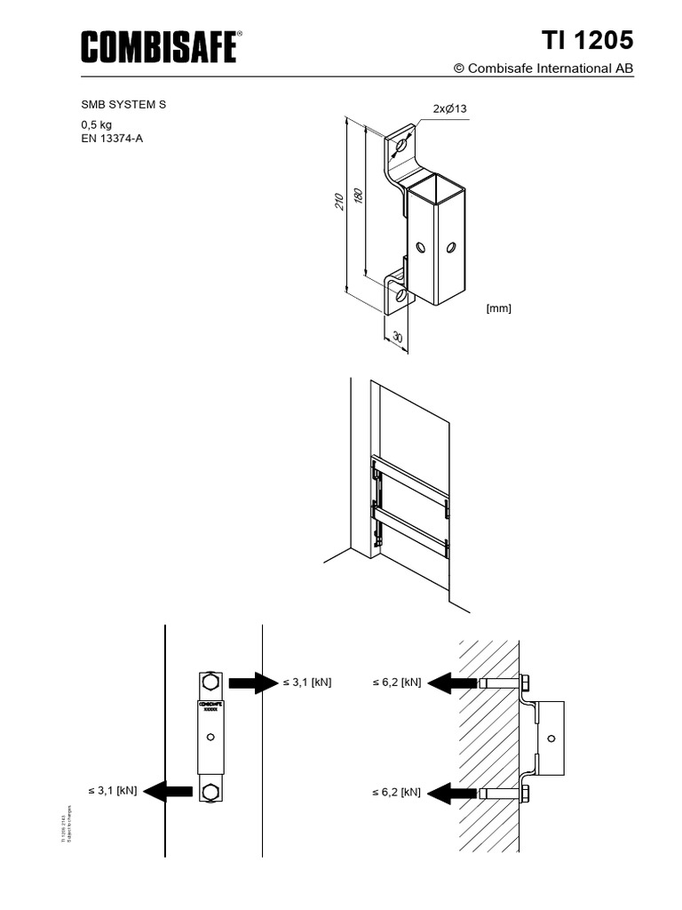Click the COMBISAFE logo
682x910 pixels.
tap(161, 46)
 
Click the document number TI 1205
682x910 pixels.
tap(588, 41)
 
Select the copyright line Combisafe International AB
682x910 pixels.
tap(543, 68)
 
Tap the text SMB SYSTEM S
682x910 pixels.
tap(123, 105)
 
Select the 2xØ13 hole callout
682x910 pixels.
tap(449, 108)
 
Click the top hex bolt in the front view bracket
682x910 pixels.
tap(210, 682)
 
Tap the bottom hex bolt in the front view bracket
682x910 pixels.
tap(210, 791)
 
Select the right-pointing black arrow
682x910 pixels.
tap(253, 682)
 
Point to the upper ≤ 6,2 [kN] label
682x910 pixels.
tap(396, 682)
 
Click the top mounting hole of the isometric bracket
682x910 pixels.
tap(402, 144)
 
